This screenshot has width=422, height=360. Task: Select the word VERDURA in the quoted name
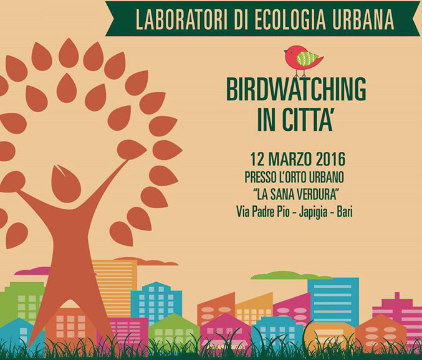pyautogui.click(x=316, y=195)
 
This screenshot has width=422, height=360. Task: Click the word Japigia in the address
pyautogui.click(x=314, y=212)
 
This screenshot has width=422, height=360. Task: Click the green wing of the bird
pyautogui.click(x=307, y=58)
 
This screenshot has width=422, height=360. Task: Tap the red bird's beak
pyautogui.click(x=285, y=51)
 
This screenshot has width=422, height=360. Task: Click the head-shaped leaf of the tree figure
pyautogui.click(x=66, y=183)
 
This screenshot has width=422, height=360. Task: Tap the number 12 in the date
pyautogui.click(x=257, y=159)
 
